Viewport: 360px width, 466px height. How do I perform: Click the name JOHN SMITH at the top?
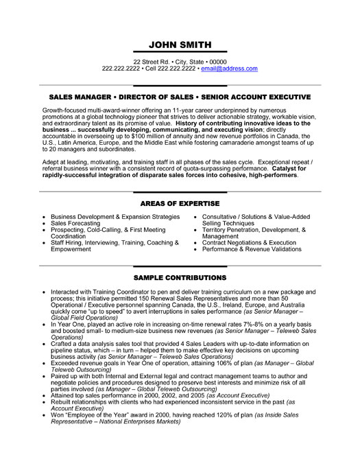pyautogui.click(x=180, y=45)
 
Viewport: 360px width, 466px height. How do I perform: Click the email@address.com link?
pyautogui.click(x=228, y=69)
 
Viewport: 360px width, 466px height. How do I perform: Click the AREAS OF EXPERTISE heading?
pyautogui.click(x=180, y=204)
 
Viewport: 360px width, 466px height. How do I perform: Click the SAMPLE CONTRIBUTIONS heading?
pyautogui.click(x=180, y=277)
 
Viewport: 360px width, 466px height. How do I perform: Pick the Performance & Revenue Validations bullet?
pyautogui.click(x=256, y=250)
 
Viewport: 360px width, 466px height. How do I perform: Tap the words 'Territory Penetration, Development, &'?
pyautogui.click(x=254, y=229)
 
